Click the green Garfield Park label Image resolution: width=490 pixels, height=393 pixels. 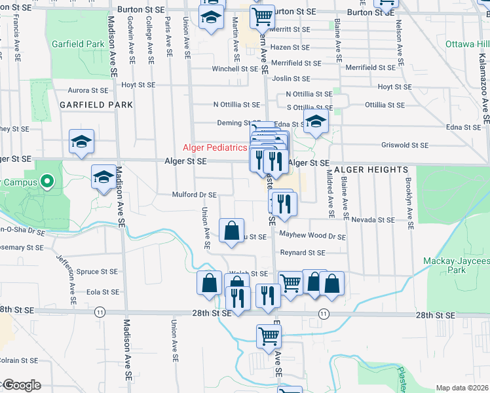pyautogui.click(x=78, y=45)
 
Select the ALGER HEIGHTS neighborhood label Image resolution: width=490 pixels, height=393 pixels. pyautogui.click(x=371, y=170)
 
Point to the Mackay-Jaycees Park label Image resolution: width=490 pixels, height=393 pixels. pyautogui.click(x=466, y=265)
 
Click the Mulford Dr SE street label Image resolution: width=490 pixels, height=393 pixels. pyautogui.click(x=194, y=195)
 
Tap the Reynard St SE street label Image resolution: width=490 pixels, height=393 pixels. pyautogui.click(x=303, y=252)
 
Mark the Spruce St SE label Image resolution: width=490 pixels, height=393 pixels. pyautogui.click(x=96, y=271)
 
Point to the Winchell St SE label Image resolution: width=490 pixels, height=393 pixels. pyautogui.click(x=235, y=69)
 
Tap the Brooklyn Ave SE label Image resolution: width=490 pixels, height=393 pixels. pyautogui.click(x=410, y=203)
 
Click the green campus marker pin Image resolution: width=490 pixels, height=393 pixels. pyautogui.click(x=47, y=181)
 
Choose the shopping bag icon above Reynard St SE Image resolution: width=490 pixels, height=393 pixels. pyautogui.click(x=231, y=231)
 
